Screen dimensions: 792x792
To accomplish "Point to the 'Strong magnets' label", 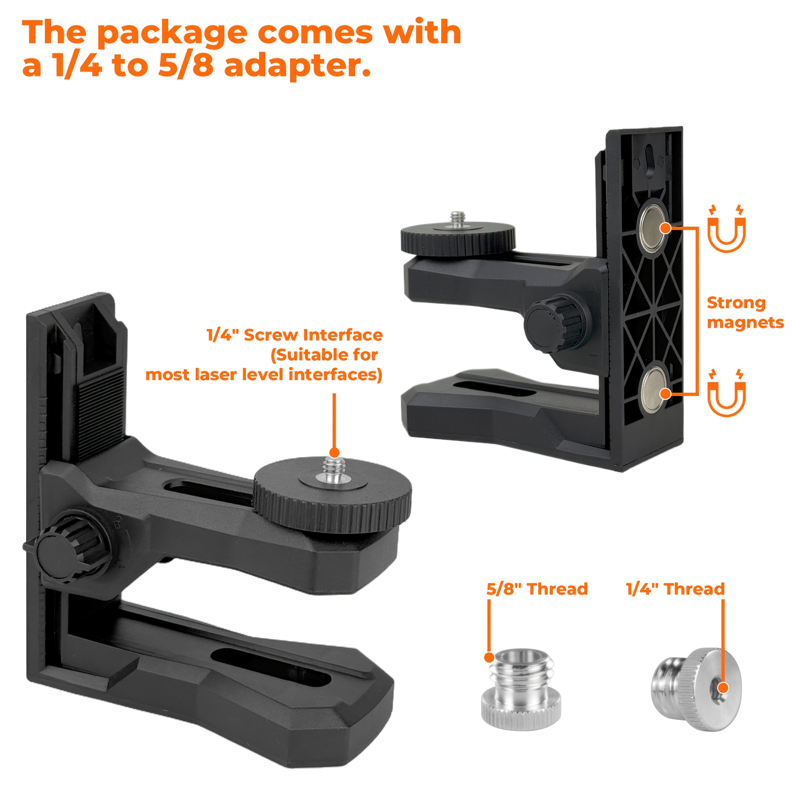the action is click(x=745, y=313).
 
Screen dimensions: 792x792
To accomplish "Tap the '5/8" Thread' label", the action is click(x=537, y=589).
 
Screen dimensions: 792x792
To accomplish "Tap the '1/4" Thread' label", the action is click(x=675, y=589).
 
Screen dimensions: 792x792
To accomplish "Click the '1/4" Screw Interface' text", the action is click(x=295, y=335).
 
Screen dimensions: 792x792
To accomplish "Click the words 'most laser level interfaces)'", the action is click(x=264, y=374).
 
